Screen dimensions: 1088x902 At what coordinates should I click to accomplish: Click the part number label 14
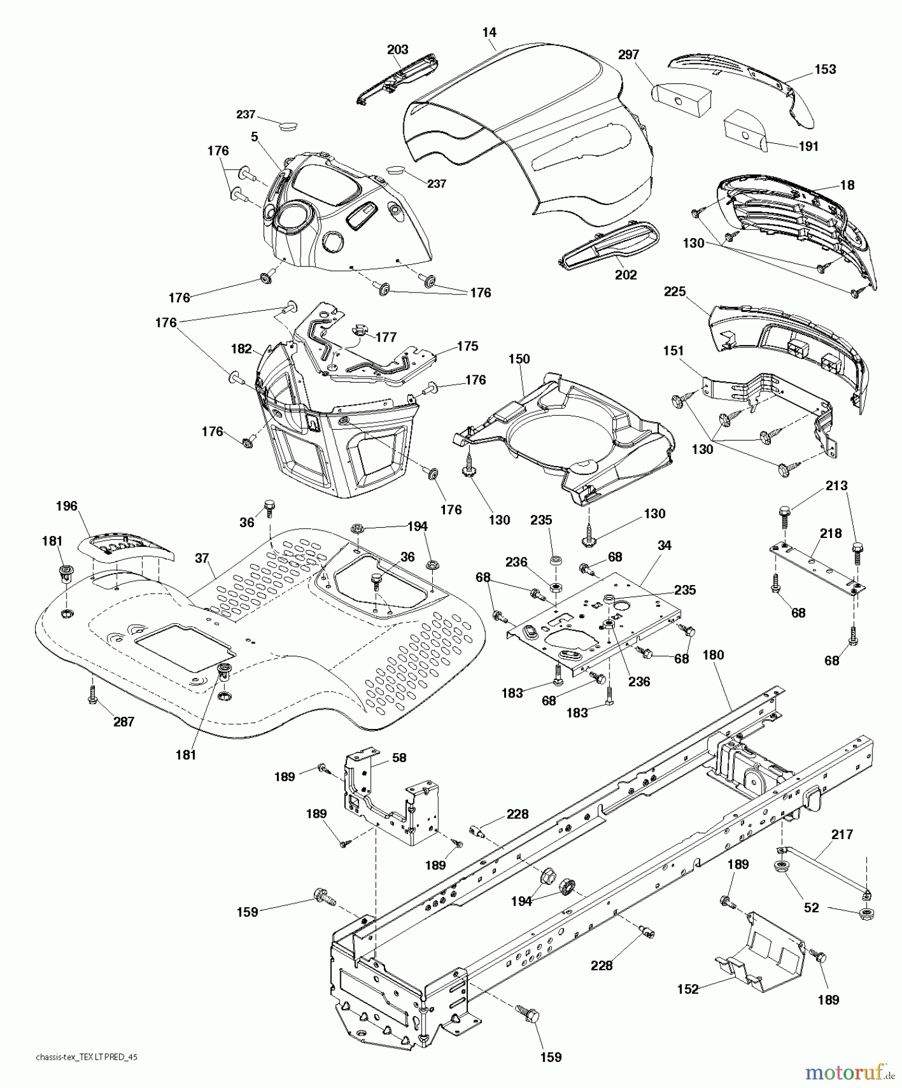pyautogui.click(x=489, y=33)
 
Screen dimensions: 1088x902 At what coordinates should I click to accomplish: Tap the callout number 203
pyautogui.click(x=397, y=50)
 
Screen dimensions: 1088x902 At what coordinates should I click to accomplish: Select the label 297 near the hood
pyautogui.click(x=628, y=54)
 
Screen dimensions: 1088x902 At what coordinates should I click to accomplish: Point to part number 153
pyautogui.click(x=825, y=69)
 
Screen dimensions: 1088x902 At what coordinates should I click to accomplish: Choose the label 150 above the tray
pyautogui.click(x=519, y=358)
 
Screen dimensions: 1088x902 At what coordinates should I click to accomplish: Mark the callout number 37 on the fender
pyautogui.click(x=202, y=558)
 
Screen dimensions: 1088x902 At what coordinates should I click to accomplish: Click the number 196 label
pyautogui.click(x=67, y=505)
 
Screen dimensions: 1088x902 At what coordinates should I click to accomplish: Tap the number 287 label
pyautogui.click(x=123, y=721)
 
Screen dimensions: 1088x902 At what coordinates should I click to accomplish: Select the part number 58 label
pyautogui.click(x=399, y=757)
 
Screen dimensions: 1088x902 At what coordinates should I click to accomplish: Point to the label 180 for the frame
pyautogui.click(x=713, y=655)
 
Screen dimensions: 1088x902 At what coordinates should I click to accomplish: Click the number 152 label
pyautogui.click(x=688, y=989)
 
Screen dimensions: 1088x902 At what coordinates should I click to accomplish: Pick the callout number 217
pyautogui.click(x=842, y=834)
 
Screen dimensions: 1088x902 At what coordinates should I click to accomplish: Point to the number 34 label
pyautogui.click(x=664, y=545)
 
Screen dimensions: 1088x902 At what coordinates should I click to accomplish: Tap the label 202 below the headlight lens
pyautogui.click(x=626, y=274)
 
